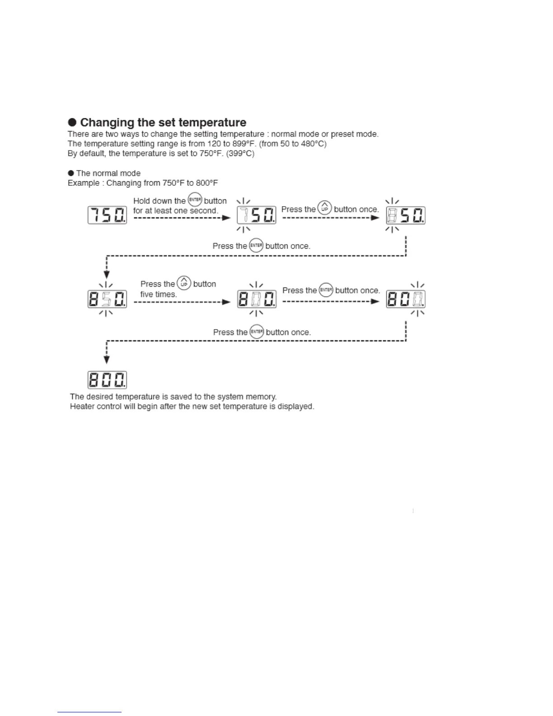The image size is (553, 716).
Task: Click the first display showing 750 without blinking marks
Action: point(107,215)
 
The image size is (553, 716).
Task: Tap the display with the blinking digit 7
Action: point(257,215)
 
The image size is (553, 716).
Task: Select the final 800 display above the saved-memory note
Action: point(107,380)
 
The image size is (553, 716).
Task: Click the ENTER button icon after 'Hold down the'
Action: point(195,199)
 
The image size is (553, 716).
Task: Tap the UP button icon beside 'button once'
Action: point(324,208)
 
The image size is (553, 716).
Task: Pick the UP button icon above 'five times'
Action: point(184,283)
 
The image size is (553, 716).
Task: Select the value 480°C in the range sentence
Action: point(314,144)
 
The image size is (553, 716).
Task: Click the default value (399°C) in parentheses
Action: point(240,154)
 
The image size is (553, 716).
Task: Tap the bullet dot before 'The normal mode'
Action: point(71,173)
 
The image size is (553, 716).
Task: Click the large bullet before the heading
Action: point(73,122)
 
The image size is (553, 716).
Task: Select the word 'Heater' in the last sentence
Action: point(82,407)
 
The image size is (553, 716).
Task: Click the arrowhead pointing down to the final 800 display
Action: point(107,360)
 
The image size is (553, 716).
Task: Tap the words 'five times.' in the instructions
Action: point(158,294)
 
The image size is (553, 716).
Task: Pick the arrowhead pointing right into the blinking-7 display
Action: point(227,218)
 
